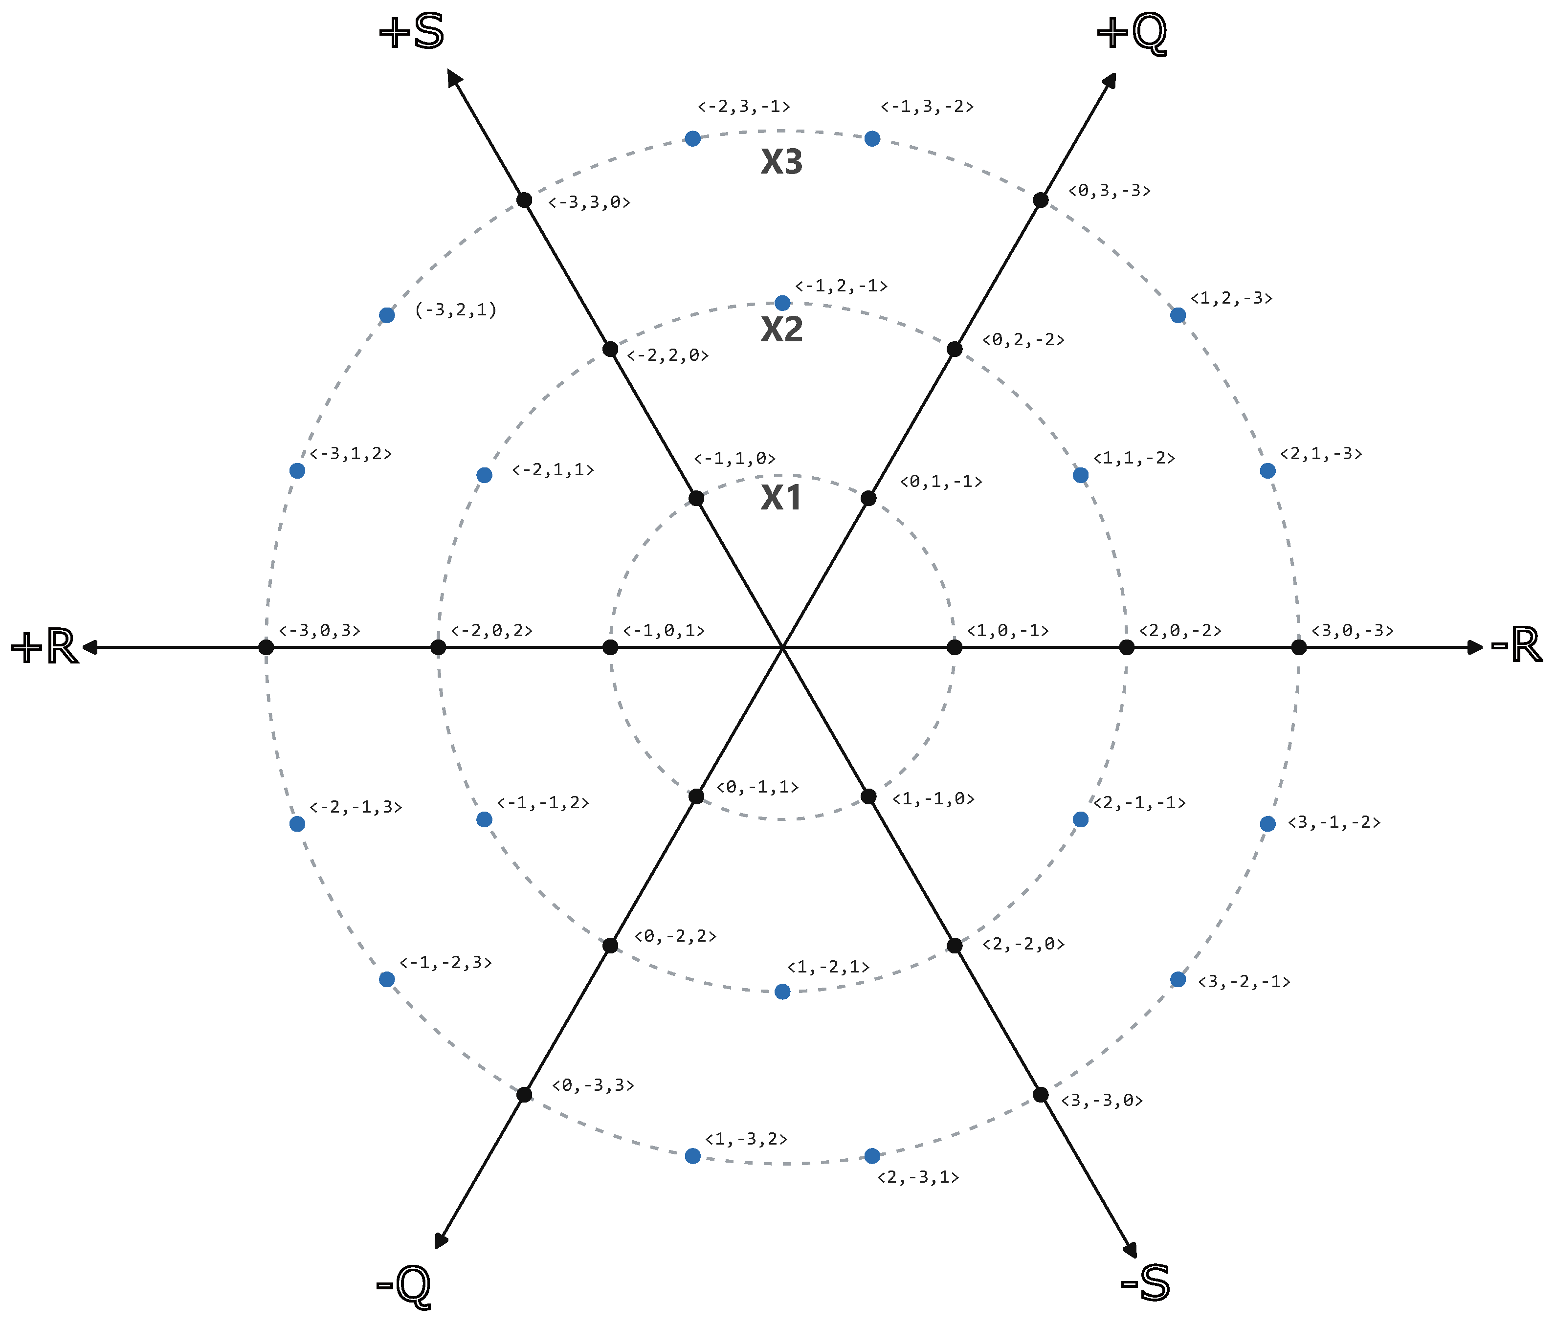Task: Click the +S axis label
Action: [x=412, y=33]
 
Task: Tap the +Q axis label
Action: [x=1132, y=33]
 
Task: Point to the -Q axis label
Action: [x=403, y=1286]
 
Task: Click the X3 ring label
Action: [x=782, y=162]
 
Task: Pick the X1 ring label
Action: [x=782, y=498]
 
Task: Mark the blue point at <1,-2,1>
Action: [x=782, y=992]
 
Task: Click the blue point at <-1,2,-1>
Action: [x=782, y=303]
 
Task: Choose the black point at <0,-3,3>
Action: [x=525, y=1095]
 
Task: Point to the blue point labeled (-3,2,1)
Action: [x=387, y=315]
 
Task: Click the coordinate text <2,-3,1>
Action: [x=918, y=1177]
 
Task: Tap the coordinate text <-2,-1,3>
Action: [x=356, y=807]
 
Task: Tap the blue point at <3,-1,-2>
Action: [x=1267, y=823]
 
